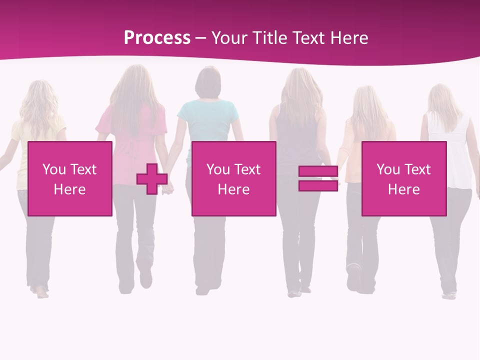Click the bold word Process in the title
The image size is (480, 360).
click(157, 38)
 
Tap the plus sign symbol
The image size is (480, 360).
click(152, 178)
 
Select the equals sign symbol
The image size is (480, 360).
click(318, 178)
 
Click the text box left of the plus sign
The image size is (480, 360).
click(70, 178)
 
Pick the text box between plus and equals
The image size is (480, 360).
click(233, 178)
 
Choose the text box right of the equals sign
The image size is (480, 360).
click(403, 178)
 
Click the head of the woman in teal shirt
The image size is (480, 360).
click(207, 82)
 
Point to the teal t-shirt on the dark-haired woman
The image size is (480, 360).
click(207, 120)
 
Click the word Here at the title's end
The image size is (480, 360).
click(350, 38)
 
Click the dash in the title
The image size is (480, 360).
click(201, 38)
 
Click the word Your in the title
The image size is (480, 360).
click(229, 38)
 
